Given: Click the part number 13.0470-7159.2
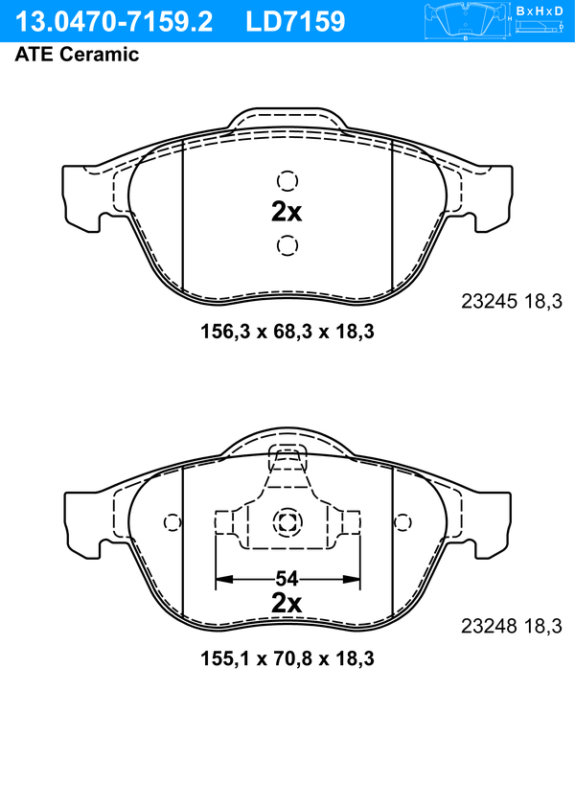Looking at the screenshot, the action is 114,22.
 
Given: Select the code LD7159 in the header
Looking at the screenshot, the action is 295,22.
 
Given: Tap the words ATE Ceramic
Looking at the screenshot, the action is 77,54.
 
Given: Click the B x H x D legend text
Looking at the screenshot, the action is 540,11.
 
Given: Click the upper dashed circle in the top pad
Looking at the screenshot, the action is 287,181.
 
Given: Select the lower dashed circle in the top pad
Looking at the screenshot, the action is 287,245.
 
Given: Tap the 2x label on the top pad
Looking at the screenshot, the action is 287,212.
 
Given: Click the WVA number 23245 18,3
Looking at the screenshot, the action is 512,301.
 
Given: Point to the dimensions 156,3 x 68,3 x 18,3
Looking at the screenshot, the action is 287,332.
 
